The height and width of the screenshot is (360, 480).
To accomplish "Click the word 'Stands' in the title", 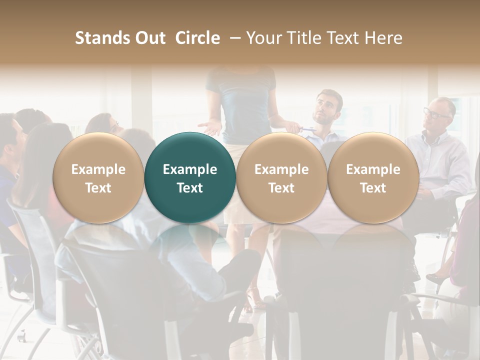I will pos(101,38).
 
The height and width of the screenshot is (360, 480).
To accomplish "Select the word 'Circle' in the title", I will pos(197,38).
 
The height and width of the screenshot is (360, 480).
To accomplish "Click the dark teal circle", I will pos(190,177).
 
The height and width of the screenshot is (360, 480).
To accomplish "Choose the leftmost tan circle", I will pos(98,177).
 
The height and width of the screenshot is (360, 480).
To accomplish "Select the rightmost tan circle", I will pos(373,177).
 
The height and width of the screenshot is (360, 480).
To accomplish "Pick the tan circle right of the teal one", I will pos(281,177).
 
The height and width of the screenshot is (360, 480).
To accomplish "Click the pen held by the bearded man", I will pos(307,129).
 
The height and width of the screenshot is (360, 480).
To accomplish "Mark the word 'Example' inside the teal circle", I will pos(190,169).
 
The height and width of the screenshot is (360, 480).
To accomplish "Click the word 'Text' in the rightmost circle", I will pos(373,188).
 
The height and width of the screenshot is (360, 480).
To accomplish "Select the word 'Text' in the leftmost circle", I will pos(98,188).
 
